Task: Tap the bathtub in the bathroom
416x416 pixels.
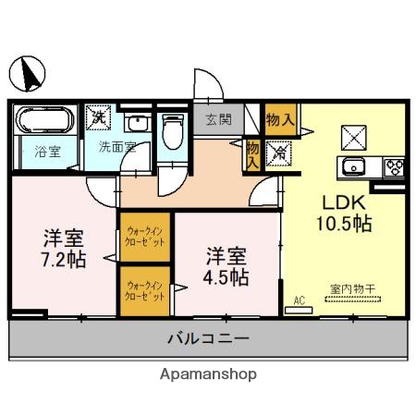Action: point(44,120)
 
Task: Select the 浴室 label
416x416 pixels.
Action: point(34,151)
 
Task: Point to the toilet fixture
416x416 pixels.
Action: point(172,130)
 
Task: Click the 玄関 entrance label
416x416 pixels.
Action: point(218,119)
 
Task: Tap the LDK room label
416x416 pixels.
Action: point(345,202)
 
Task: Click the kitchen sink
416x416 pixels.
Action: point(355,167)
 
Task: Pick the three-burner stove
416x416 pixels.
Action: point(394,167)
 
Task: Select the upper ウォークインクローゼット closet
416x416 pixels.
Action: point(145,238)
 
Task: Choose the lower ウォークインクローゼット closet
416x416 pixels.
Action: point(145,293)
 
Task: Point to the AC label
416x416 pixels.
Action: point(300,300)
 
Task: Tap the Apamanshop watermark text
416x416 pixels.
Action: point(208,374)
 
